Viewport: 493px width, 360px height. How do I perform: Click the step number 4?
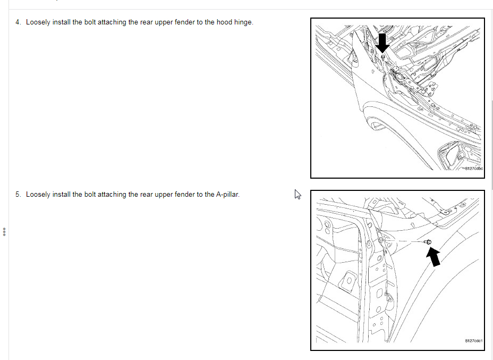[18, 22]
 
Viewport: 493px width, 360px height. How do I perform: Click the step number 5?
[18, 195]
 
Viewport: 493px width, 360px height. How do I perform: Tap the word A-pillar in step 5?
[227, 195]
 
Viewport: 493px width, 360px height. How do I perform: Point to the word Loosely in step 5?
[38, 195]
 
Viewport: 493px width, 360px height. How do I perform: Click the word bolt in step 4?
[90, 22]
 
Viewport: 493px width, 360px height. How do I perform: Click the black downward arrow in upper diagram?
[382, 43]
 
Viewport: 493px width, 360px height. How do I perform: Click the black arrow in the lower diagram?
[433, 256]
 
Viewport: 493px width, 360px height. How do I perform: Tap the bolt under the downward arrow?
[383, 57]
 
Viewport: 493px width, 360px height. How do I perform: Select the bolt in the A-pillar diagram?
[428, 241]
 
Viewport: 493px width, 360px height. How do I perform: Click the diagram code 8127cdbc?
[473, 169]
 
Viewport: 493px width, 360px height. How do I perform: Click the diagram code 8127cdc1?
[473, 341]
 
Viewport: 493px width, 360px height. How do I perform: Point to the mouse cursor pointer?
[297, 194]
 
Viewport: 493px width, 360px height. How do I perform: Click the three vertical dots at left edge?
[4, 232]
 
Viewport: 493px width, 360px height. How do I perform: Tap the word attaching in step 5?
[112, 195]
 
